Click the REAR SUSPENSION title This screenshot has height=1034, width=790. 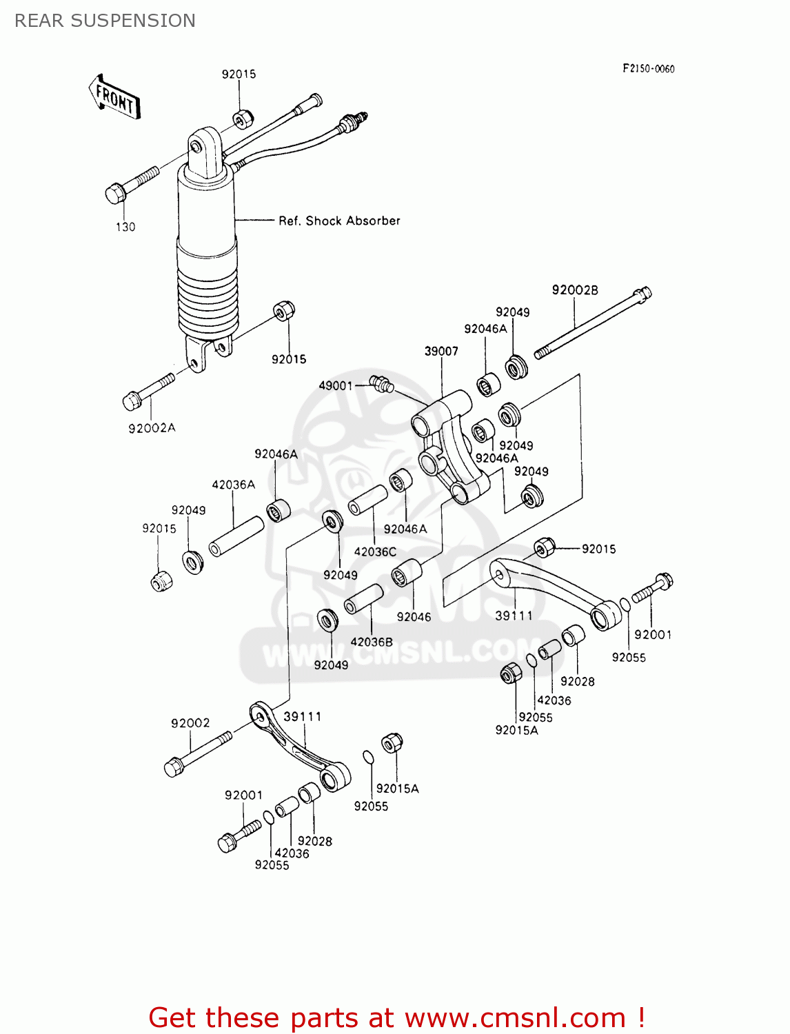pyautogui.click(x=105, y=21)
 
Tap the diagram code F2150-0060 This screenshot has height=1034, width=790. pyautogui.click(x=648, y=68)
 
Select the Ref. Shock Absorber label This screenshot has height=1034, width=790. pyautogui.click(x=338, y=221)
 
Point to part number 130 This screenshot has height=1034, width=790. pyautogui.click(x=125, y=227)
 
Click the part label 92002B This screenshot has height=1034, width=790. pyautogui.click(x=574, y=290)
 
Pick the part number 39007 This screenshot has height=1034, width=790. pyautogui.click(x=441, y=351)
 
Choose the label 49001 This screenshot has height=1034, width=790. pyautogui.click(x=335, y=385)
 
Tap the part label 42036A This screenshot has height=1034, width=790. pyautogui.click(x=233, y=485)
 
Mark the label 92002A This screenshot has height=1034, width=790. pyautogui.click(x=152, y=428)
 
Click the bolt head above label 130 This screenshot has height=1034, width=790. pyautogui.click(x=115, y=193)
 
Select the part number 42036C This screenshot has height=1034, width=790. pyautogui.click(x=375, y=551)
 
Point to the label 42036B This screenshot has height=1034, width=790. pyautogui.click(x=371, y=642)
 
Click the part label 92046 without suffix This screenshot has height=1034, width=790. pyautogui.click(x=414, y=617)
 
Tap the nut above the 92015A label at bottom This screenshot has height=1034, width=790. pyautogui.click(x=392, y=743)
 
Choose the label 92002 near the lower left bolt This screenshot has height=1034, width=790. pyautogui.click(x=190, y=723)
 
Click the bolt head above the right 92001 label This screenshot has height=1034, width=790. pyautogui.click(x=664, y=581)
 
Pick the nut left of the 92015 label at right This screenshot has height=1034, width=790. pyautogui.click(x=545, y=547)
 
